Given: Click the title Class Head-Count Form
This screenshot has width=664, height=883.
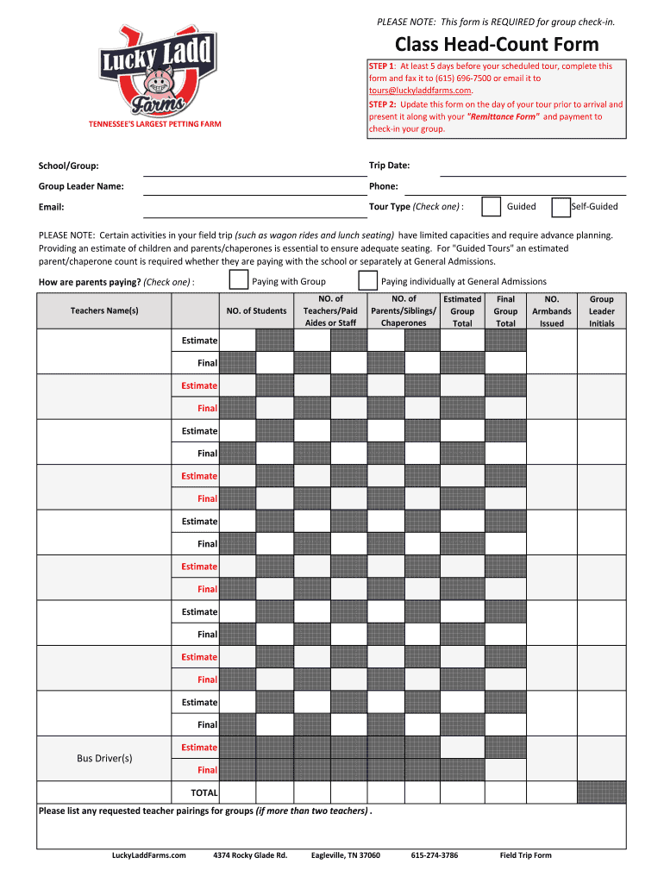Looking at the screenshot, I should click(x=497, y=45).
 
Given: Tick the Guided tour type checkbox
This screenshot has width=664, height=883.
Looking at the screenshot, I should click(x=491, y=207).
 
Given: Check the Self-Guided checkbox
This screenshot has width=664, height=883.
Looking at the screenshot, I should click(x=561, y=207).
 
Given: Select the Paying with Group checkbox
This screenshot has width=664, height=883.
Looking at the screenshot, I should click(x=239, y=281).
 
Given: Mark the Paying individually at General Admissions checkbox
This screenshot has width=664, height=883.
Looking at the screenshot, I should click(x=368, y=281).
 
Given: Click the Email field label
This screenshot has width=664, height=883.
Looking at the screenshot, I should click(x=51, y=207).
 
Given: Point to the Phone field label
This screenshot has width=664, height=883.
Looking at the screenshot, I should click(x=384, y=186).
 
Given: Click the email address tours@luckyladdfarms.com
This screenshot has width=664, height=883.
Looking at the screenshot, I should click(x=420, y=91).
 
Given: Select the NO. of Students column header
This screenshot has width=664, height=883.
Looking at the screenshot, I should click(x=256, y=310).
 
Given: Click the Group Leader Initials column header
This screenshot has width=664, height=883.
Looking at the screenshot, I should click(x=601, y=311).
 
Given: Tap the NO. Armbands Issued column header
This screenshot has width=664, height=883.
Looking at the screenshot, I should click(x=552, y=311).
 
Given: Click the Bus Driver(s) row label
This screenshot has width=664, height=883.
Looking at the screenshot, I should click(x=104, y=758).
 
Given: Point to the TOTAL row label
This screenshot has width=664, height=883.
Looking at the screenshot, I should click(x=204, y=792).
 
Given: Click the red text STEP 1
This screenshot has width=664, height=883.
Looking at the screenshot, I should click(x=381, y=66).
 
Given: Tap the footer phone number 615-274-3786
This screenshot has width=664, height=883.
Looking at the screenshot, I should click(x=435, y=855).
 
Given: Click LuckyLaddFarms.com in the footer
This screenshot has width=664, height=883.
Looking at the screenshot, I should click(x=149, y=855).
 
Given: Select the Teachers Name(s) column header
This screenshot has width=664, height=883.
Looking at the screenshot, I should click(x=104, y=310).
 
